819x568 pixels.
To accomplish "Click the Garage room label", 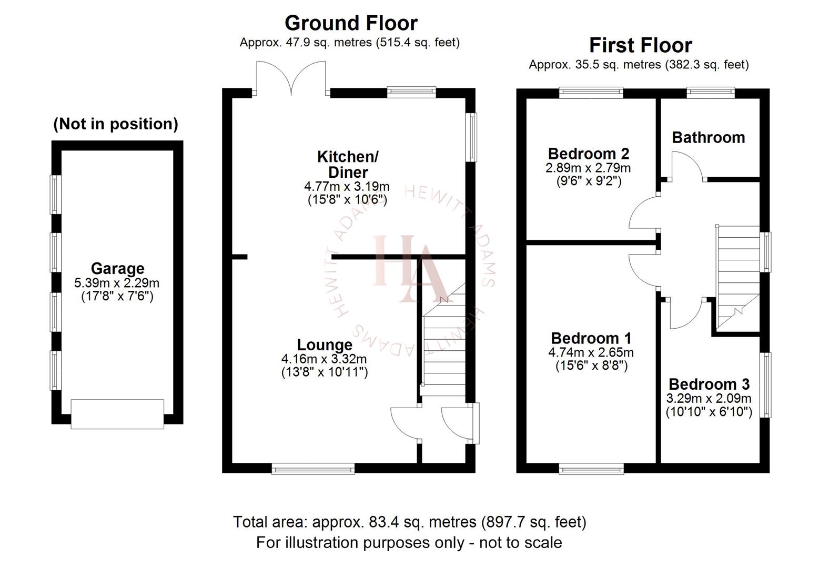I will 117,268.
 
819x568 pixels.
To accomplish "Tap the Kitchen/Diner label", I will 347,164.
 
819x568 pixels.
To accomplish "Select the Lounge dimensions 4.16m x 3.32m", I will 324,359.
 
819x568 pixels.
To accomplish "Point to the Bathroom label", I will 708,137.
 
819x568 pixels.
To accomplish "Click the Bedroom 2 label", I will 588,154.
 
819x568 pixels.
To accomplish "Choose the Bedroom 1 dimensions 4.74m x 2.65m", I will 591,352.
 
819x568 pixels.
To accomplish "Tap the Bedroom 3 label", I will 709,384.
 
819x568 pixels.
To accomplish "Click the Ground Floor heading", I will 351,23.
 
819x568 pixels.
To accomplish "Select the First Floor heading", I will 640,45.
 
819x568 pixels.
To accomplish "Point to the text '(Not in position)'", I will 116,124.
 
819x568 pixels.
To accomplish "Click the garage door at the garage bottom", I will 117,414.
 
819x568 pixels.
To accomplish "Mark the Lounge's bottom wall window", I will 313,468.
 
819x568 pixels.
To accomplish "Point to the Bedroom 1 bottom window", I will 591,468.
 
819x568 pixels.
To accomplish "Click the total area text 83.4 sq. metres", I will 409,522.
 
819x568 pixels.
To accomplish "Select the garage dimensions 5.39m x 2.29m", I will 117,283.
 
